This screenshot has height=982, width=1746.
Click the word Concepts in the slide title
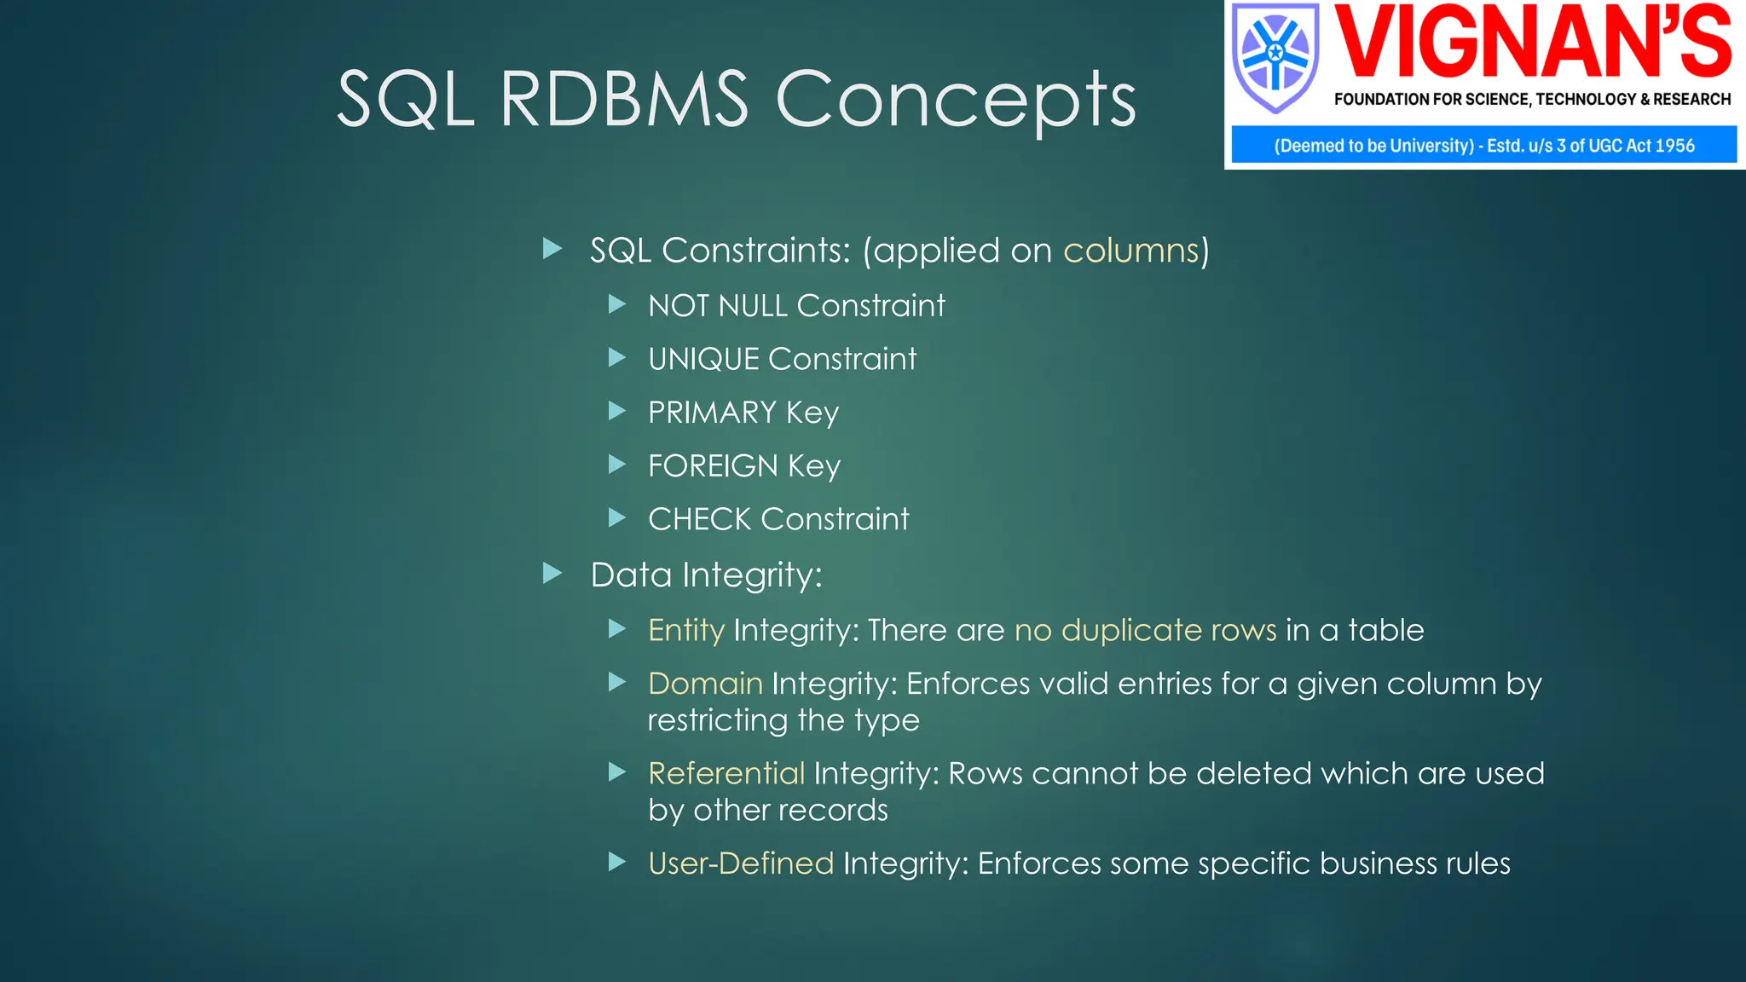pos(955,101)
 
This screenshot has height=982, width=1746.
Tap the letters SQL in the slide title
pos(405,101)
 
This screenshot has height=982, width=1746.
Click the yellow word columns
pos(1130,251)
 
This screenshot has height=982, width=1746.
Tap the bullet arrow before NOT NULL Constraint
pos(617,304)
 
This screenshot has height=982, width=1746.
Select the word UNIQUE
pos(702,359)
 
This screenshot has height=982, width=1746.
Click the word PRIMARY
pos(712,413)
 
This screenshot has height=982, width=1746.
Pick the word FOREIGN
pos(713,466)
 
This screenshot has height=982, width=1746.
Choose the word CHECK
pos(699,519)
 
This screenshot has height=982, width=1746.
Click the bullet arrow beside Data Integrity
pos(552,574)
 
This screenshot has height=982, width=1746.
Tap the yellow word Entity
pos(685,630)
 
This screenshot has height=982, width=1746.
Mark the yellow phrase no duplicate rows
pos(1145,630)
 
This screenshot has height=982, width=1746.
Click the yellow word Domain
pos(705,684)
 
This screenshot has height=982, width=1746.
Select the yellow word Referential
pos(726,773)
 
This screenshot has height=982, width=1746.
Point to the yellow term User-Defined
pos(740,864)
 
